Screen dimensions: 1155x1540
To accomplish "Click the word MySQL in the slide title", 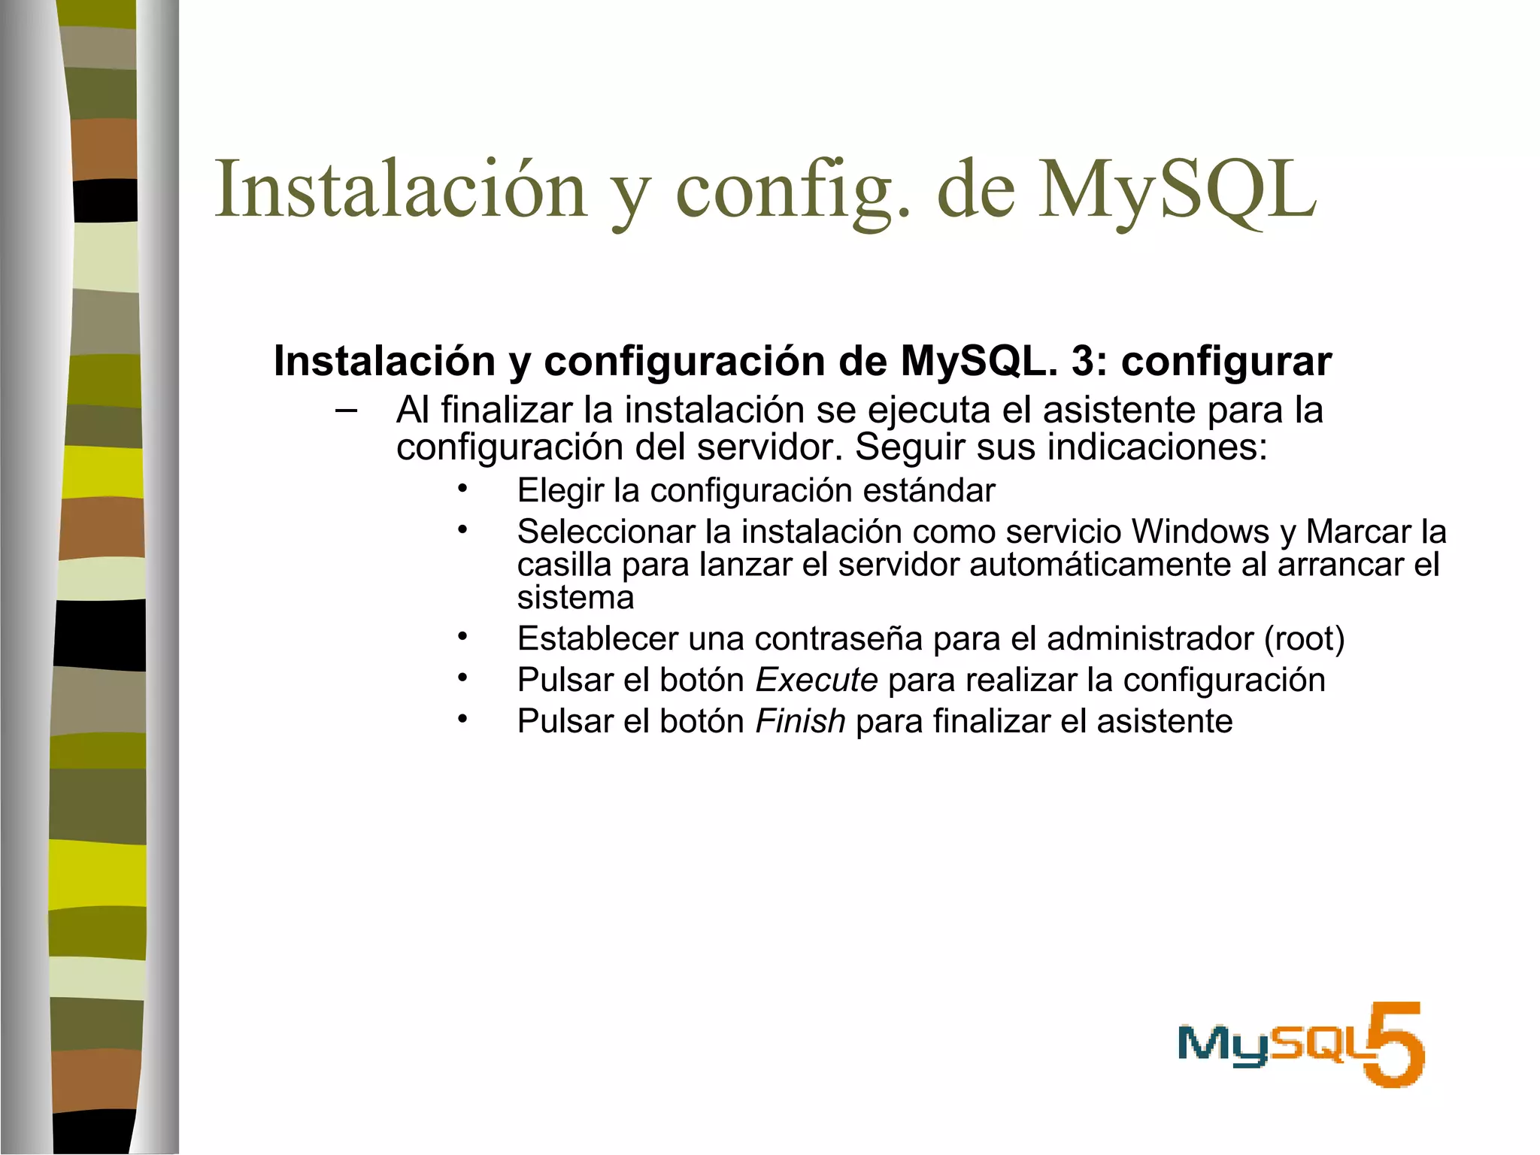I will coord(1177,190).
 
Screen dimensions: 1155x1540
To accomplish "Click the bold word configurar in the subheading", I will coord(1226,362).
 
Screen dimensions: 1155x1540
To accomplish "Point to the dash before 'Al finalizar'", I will coord(346,411).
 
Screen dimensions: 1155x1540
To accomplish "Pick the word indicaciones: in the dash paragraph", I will coord(1157,447).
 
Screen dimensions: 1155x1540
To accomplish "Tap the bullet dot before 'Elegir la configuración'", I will coord(462,489).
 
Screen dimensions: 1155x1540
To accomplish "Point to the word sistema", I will coord(575,598).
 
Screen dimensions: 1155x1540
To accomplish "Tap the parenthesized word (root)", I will coord(1304,639).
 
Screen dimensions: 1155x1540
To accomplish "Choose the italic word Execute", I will coord(817,681).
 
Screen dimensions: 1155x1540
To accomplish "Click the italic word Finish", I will coord(800,722).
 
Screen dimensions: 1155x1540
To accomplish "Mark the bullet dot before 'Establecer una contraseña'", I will coord(462,638).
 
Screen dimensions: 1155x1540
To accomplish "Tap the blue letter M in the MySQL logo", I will coord(1205,1044).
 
